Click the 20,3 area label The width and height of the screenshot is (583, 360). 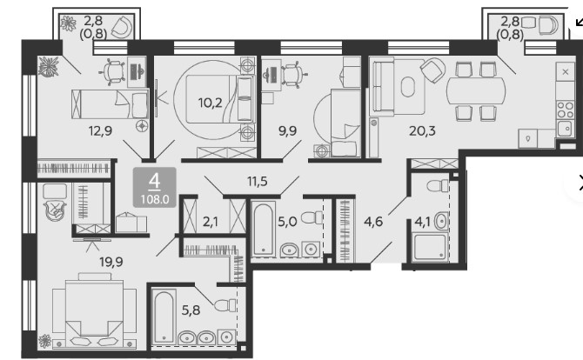point(422,130)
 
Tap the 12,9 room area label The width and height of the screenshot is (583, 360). point(100,130)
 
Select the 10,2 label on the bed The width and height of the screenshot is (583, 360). point(210,103)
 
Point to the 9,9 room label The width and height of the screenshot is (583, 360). point(287,130)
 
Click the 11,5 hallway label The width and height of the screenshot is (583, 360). point(258,181)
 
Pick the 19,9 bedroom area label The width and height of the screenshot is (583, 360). point(111,262)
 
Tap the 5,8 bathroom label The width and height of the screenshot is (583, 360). point(191,310)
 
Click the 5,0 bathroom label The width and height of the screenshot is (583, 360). point(287,222)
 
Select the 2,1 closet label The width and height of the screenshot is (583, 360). point(210,222)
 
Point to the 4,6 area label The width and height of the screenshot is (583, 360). point(373,222)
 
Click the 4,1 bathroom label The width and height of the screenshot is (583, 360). point(422,222)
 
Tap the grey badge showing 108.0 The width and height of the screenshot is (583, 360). point(155,187)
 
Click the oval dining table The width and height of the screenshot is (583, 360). point(476,91)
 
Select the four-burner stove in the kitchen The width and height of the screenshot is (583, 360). point(565,110)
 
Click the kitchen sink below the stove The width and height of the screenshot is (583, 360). point(565,129)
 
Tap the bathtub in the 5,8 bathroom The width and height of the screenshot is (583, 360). point(164,317)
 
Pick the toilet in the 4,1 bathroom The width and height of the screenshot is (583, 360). point(438,185)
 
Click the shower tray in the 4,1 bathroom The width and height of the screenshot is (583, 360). point(430,246)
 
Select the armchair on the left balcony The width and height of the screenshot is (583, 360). point(123,27)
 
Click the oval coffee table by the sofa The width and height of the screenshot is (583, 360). point(408,87)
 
